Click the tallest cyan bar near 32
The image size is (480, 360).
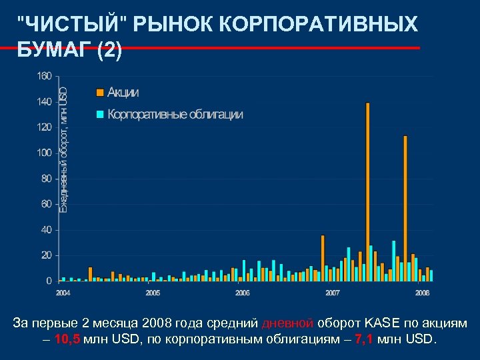pos(394,260)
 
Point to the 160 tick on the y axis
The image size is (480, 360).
pos(44,76)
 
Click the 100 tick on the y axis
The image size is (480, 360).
pos(44,153)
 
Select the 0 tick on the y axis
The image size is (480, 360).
pos(49,281)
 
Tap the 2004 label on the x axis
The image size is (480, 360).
pos(63,293)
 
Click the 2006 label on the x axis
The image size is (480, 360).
pos(243,293)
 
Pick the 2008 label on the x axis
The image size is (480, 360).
pos(422,293)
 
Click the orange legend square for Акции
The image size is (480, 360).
pos(99,92)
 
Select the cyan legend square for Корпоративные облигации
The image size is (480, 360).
pos(99,114)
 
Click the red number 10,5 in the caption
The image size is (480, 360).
pos(69,339)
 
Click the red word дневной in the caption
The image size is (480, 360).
pos(287,323)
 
